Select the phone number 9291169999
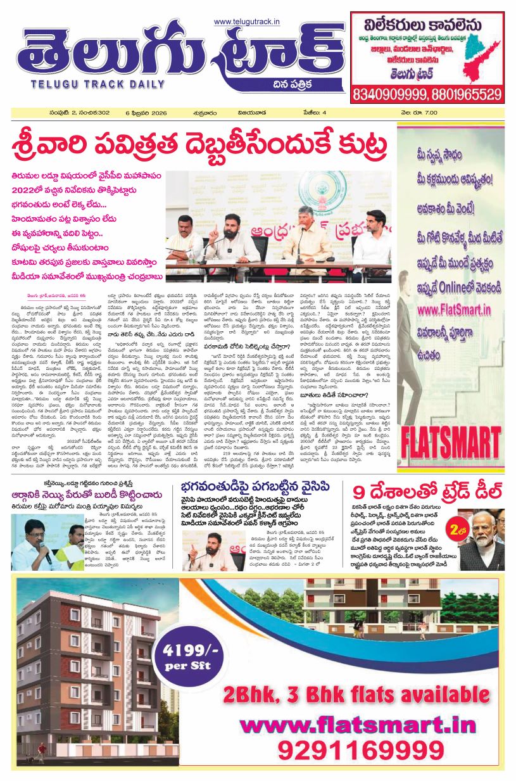click(x=352, y=751)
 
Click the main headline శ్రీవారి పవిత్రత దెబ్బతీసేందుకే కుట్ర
click(x=200, y=144)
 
